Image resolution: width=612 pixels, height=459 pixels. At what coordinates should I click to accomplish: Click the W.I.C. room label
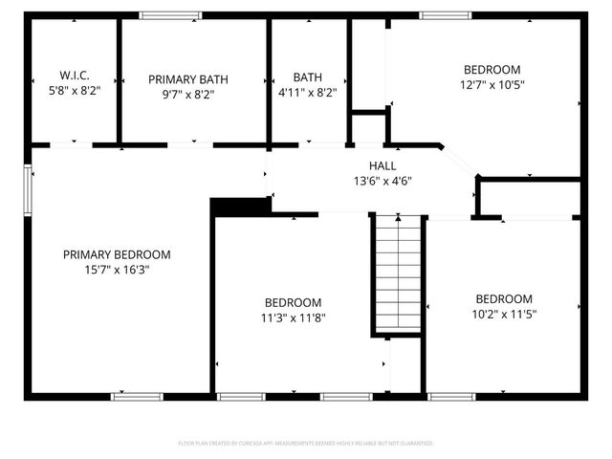coord(74,74)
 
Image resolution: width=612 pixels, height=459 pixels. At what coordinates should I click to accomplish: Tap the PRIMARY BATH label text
coord(194,79)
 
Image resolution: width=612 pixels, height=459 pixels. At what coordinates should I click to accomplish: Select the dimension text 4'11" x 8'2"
coord(308,94)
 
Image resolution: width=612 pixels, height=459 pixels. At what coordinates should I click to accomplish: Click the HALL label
coord(382,166)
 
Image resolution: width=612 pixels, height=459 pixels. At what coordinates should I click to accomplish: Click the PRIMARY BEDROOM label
coord(117,254)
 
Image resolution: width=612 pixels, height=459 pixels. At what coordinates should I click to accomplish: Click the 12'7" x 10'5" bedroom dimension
coord(492,83)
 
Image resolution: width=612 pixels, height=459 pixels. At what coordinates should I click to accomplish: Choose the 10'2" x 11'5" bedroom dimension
coord(504,313)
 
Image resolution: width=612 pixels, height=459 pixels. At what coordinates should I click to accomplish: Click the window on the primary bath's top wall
coord(170,15)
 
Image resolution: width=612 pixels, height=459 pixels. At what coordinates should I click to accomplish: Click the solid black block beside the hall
coord(239,206)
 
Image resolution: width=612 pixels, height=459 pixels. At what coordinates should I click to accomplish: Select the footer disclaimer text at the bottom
coord(306,444)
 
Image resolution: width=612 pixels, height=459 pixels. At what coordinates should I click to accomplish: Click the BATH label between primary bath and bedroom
coord(308,78)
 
